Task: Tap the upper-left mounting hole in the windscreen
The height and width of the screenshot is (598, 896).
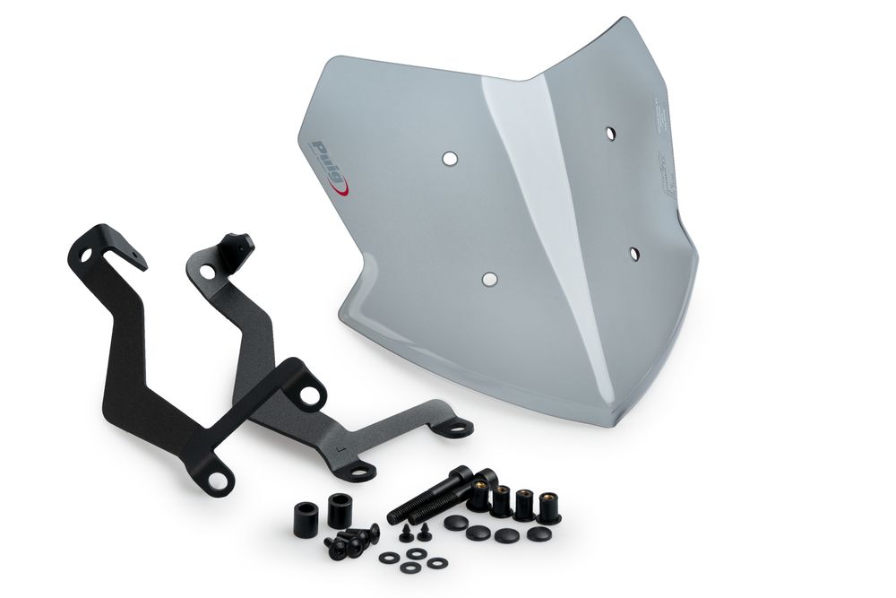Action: click(449, 158)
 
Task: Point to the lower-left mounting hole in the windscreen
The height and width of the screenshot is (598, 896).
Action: click(488, 280)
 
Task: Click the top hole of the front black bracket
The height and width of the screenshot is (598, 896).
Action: click(87, 256)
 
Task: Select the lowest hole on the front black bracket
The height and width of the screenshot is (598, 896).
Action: click(217, 481)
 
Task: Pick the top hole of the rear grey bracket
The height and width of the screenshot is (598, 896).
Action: click(208, 270)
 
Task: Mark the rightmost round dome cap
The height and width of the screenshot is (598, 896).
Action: click(538, 533)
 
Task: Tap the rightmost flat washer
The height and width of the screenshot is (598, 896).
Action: click(436, 564)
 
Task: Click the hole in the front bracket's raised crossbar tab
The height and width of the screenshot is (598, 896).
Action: click(310, 394)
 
